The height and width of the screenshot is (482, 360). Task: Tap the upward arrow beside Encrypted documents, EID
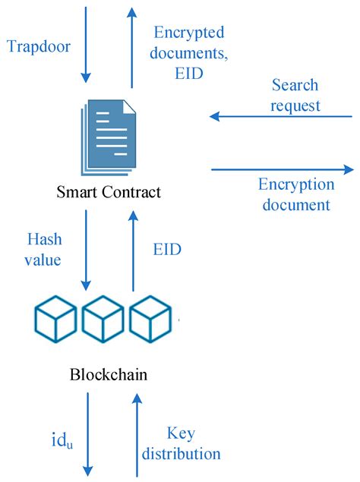(x=132, y=46)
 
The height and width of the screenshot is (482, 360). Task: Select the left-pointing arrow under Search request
(x=281, y=116)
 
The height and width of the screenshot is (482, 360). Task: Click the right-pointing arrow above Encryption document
(x=281, y=169)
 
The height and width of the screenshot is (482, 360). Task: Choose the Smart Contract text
(x=109, y=191)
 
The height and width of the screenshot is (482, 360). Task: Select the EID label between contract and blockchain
(x=166, y=248)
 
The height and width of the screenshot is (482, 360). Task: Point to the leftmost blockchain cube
(x=55, y=320)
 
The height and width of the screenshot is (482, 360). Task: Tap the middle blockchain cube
(x=103, y=320)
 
